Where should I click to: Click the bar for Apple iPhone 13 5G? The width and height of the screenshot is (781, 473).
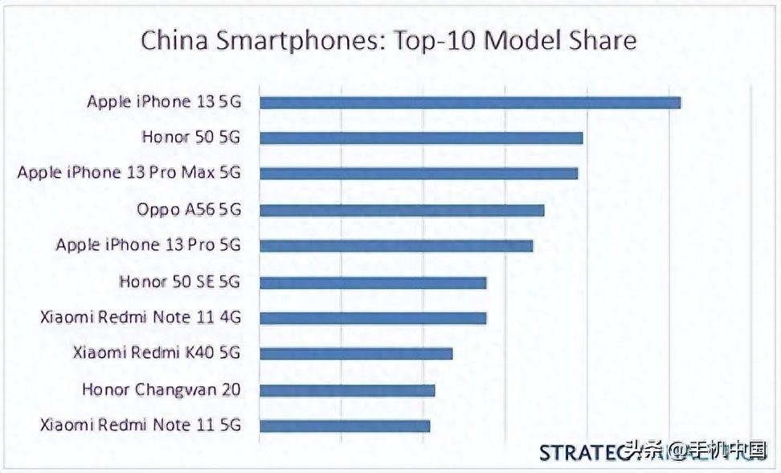point(470,102)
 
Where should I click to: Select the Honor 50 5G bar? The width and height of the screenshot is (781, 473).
point(421,138)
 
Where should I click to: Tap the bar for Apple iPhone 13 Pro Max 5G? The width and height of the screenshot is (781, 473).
point(419,173)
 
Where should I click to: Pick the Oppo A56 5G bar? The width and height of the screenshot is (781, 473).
point(402,210)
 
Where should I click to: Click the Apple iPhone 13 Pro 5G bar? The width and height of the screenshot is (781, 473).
point(396,245)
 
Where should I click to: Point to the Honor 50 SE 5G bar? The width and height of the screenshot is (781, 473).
point(373,282)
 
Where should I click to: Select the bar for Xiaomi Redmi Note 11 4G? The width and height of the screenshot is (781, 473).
point(373,318)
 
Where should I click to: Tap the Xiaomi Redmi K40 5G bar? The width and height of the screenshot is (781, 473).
point(356,353)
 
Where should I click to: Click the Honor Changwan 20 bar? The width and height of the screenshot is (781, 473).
point(347,390)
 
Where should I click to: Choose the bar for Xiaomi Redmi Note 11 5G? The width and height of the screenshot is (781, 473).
point(345,426)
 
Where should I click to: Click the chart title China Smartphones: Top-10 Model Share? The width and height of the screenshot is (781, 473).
point(389,41)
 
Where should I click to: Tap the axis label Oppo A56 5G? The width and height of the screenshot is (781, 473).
point(189,210)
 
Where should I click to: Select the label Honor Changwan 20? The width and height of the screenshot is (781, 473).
point(161,390)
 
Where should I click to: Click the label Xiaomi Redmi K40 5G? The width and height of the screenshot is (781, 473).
point(157,353)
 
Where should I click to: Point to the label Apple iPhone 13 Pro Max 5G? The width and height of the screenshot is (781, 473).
point(129,173)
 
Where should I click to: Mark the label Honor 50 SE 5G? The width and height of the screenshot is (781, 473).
point(179,282)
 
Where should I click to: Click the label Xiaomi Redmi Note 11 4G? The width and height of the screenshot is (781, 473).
point(140,318)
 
